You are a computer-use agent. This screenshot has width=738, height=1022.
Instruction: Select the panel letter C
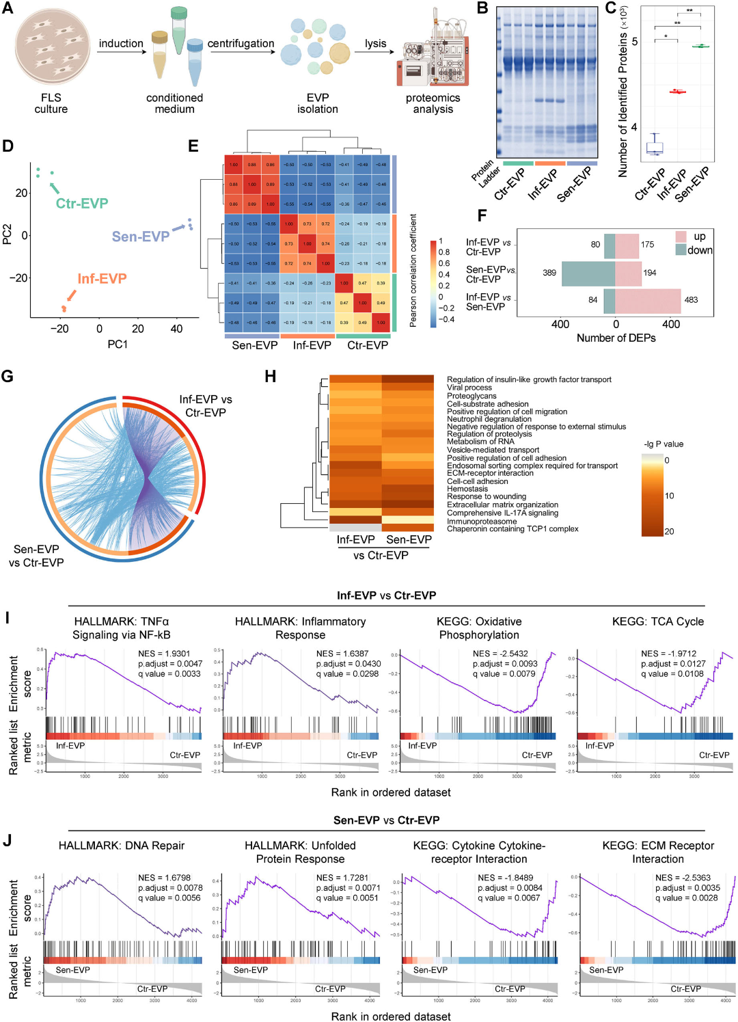[610, 9]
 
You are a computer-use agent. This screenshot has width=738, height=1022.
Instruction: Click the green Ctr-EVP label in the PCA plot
[82, 203]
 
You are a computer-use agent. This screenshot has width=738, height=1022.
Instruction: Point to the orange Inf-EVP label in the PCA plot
[102, 278]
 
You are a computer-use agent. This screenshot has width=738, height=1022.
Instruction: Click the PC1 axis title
[118, 344]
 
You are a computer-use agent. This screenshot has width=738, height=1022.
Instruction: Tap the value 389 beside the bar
[549, 272]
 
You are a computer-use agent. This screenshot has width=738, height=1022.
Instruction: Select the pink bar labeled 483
[648, 301]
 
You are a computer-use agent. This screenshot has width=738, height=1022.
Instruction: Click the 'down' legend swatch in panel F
[681, 250]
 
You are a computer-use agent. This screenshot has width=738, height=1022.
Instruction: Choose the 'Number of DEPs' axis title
[616, 338]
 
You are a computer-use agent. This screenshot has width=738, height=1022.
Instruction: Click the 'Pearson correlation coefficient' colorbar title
[413, 271]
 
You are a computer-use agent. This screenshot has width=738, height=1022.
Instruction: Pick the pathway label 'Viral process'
[469, 388]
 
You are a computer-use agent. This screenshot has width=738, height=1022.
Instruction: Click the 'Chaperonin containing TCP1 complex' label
[512, 529]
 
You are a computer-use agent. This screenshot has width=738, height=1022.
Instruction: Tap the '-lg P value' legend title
[664, 444]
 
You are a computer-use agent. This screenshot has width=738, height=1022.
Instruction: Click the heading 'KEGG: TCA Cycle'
[657, 621]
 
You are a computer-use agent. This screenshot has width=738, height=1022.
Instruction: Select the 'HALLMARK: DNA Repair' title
[122, 846]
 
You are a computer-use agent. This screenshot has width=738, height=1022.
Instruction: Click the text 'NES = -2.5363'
[683, 878]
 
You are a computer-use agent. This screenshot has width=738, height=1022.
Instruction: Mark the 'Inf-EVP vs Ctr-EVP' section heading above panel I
[386, 595]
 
